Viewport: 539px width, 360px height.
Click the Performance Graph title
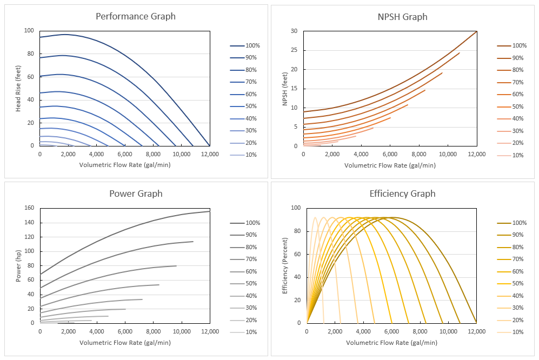[136, 16]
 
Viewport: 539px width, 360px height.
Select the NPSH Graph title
[402, 17]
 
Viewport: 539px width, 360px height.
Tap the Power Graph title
[136, 194]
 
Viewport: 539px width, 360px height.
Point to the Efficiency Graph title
[402, 194]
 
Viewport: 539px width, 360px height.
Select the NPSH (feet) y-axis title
[285, 88]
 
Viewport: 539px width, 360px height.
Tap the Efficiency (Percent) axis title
[285, 265]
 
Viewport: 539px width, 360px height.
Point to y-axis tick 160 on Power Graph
[29, 208]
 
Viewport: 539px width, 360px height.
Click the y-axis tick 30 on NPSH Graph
[294, 31]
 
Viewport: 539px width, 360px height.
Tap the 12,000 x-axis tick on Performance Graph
[209, 154]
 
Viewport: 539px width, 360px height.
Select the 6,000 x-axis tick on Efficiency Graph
[391, 331]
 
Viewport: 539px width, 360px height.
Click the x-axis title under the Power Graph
[124, 343]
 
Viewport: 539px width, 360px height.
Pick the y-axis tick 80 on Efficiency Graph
[296, 231]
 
